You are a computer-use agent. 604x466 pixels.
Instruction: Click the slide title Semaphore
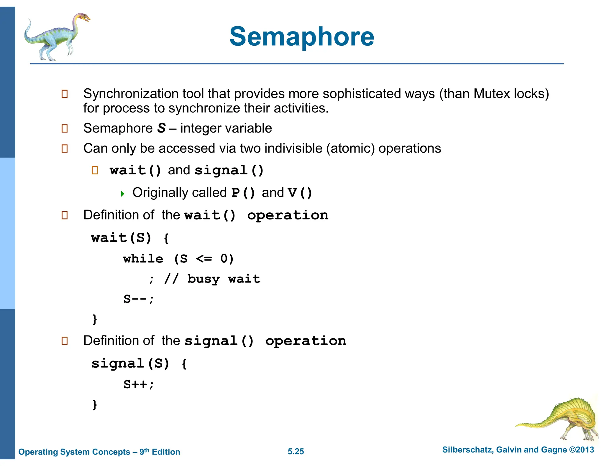point(302,37)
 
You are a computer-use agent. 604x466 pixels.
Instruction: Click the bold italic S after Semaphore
point(161,128)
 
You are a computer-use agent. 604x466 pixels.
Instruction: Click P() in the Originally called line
point(243,193)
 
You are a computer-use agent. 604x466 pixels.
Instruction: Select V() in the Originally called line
point(300,193)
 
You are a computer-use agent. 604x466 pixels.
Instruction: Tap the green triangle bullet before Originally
point(122,194)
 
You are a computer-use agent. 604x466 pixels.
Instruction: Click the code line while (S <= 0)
point(178,259)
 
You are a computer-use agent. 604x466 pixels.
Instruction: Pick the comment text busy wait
point(224,279)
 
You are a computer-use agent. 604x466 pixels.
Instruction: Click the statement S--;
point(138,299)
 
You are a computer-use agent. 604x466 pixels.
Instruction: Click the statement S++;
point(138,384)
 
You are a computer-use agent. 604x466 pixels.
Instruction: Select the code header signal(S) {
point(139,363)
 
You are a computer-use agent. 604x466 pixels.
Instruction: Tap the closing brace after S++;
point(95,404)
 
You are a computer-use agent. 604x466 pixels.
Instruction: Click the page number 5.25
point(296,451)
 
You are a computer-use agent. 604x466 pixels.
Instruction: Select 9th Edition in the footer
point(160,452)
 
